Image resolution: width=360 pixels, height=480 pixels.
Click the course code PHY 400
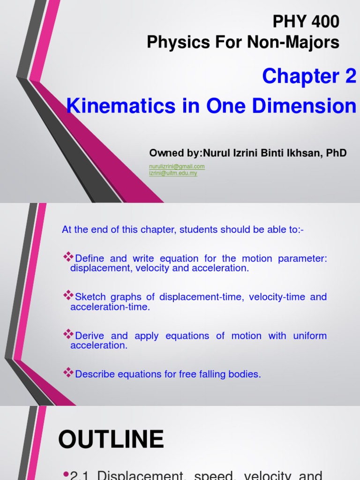click(x=306, y=22)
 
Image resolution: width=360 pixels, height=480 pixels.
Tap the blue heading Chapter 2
click(x=309, y=76)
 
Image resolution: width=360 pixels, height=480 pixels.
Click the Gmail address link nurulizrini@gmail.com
click(x=177, y=166)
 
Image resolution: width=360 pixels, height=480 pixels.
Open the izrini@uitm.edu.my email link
click(x=173, y=173)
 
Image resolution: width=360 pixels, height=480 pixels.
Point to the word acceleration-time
click(x=110, y=307)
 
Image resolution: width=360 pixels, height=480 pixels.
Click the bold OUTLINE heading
click(x=111, y=440)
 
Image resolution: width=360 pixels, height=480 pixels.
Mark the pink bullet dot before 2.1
click(x=66, y=474)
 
